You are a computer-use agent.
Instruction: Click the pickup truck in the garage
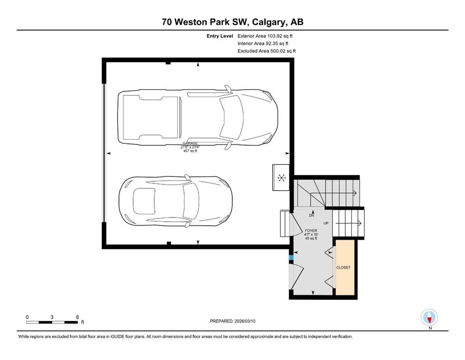pyautogui.click(x=198, y=118)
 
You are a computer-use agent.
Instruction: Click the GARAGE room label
pyautogui.click(x=190, y=143)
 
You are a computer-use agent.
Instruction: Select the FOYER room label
pyautogui.click(x=311, y=231)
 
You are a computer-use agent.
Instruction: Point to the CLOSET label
pyautogui.click(x=343, y=267)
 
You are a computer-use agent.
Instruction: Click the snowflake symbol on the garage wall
pyautogui.click(x=281, y=178)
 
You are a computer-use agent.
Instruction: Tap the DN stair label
pyautogui.click(x=311, y=216)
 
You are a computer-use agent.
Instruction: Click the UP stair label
pyautogui.click(x=326, y=223)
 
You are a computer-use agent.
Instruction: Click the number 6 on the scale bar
pyautogui.click(x=78, y=317)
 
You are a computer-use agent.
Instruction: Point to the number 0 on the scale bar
pyautogui.click(x=27, y=317)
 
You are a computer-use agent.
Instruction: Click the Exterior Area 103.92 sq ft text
pyautogui.click(x=265, y=36)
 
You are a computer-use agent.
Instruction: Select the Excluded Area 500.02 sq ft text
pyautogui.click(x=266, y=51)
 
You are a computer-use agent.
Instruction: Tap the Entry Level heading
pyautogui.click(x=220, y=36)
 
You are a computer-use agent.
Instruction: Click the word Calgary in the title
pyautogui.click(x=270, y=22)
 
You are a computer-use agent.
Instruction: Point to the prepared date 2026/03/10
pyautogui.click(x=245, y=321)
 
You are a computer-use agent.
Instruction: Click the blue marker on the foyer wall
pyautogui.click(x=291, y=258)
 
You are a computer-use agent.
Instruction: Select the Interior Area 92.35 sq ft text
pyautogui.click(x=263, y=43)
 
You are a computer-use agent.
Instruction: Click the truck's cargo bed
pyautogui.click(x=150, y=118)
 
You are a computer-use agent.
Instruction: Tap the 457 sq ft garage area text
pyautogui.click(x=190, y=151)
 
